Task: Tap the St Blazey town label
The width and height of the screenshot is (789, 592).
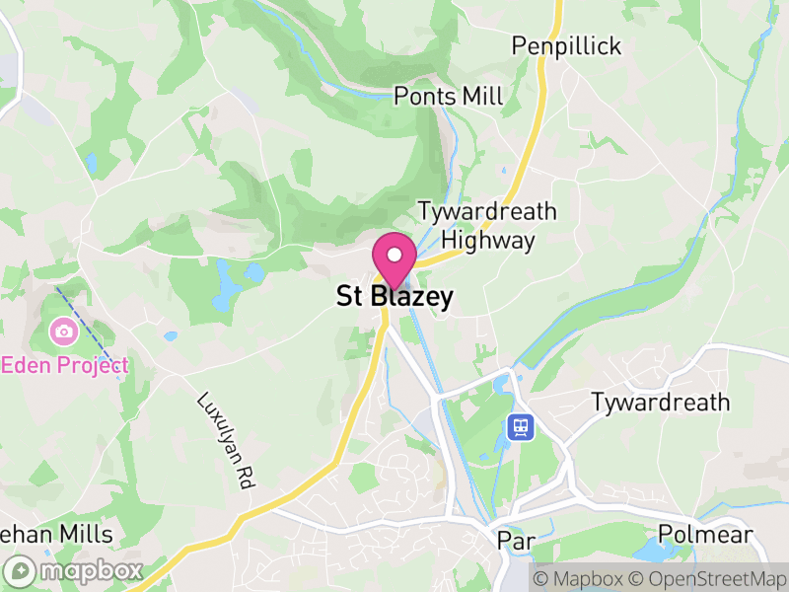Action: (x=395, y=296)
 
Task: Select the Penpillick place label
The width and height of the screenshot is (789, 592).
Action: (x=566, y=45)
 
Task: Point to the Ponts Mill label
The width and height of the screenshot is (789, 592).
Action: (x=448, y=96)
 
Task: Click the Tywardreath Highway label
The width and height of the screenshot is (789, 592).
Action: (x=487, y=225)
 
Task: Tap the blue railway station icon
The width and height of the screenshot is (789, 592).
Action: (x=521, y=427)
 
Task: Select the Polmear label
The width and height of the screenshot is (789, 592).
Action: (x=705, y=535)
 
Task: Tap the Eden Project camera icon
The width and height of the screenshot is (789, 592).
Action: (x=63, y=331)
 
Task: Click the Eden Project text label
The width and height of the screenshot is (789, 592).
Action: (x=65, y=364)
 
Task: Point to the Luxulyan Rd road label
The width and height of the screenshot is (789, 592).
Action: (x=226, y=442)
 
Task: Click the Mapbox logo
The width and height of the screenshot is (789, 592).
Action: (x=75, y=570)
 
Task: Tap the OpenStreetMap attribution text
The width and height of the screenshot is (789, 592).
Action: (x=709, y=578)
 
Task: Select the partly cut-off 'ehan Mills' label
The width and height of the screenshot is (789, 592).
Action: (x=56, y=535)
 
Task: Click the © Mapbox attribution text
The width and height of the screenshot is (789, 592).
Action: (x=579, y=578)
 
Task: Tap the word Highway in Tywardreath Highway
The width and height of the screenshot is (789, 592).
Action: (x=488, y=240)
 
